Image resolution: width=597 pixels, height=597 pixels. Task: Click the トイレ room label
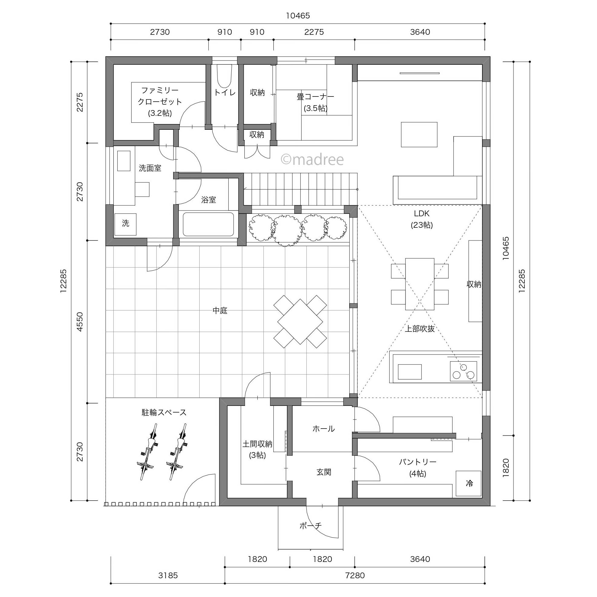[x=225, y=93]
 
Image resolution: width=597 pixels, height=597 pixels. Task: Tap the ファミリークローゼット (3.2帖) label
[x=160, y=102]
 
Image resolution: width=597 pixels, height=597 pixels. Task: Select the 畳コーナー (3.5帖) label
[x=315, y=102]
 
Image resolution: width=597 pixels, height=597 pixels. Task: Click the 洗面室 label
[x=150, y=168]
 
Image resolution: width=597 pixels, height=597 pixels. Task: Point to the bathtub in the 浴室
[x=208, y=224]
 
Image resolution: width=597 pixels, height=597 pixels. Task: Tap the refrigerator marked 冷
[x=469, y=483]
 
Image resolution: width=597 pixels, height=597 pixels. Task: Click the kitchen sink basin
[x=410, y=372]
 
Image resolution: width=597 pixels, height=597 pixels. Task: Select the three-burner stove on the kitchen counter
[x=464, y=371]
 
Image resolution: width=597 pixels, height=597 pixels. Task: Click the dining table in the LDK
[x=420, y=284]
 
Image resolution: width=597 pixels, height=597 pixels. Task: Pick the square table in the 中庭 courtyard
[x=300, y=321]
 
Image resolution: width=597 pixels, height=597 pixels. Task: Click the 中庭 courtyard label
[x=220, y=311]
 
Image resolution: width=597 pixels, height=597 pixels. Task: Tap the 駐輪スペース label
[x=164, y=413]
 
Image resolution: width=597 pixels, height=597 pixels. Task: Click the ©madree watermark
[x=312, y=159]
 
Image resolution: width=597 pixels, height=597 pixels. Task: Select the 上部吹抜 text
[x=420, y=328]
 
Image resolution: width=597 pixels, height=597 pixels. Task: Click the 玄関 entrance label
[x=324, y=472]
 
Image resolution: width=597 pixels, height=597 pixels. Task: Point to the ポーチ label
[x=311, y=525]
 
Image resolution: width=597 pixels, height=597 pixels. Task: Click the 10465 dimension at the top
[x=298, y=16]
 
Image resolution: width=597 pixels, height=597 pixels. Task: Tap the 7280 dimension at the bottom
[x=355, y=575]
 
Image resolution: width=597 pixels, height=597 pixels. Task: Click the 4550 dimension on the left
[x=80, y=322]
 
